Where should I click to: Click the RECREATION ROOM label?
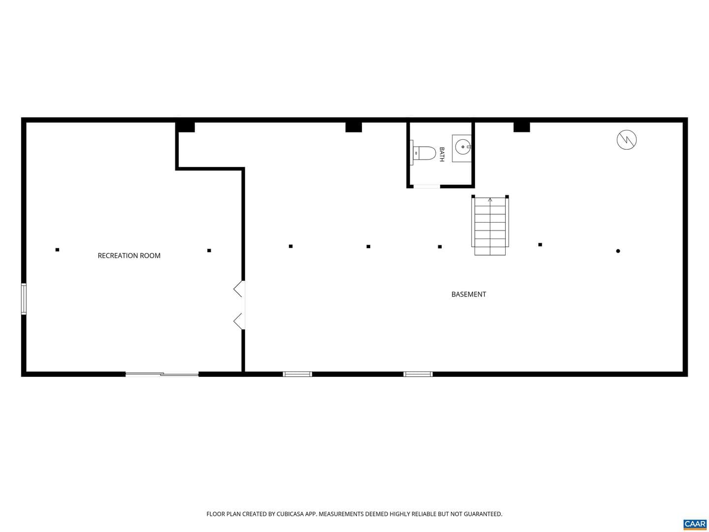129,256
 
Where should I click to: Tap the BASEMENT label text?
468,294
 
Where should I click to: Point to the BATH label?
442,154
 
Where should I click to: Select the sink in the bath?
461,148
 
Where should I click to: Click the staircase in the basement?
490,226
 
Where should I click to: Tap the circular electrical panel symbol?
627,140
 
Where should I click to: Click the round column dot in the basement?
618,251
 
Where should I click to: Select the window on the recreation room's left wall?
24,299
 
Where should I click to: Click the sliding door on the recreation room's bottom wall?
162,374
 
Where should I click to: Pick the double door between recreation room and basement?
239,305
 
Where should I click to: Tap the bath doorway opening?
426,186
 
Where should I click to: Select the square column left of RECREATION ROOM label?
57,250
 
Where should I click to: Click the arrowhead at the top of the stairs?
490,199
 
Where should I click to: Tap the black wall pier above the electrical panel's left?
521,127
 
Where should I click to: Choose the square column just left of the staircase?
440,247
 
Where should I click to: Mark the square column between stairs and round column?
540,244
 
